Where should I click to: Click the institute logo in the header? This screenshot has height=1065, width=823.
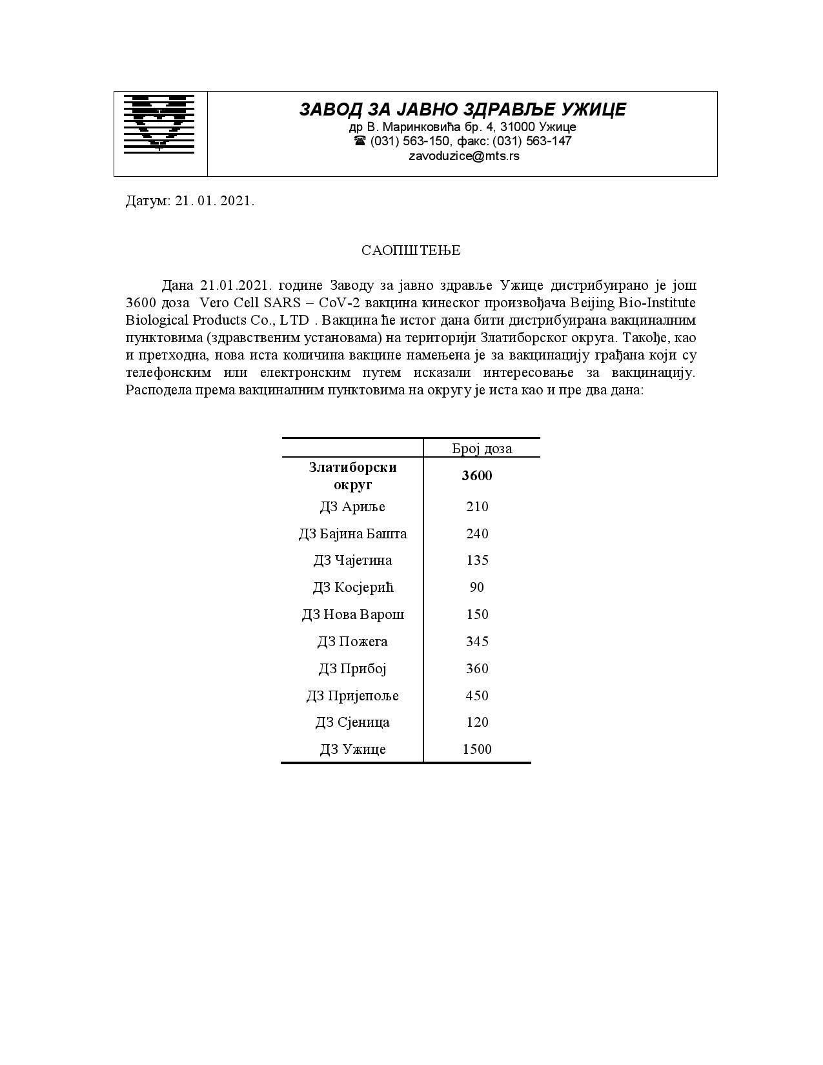coord(159,124)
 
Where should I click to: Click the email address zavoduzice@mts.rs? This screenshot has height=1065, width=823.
coord(463,156)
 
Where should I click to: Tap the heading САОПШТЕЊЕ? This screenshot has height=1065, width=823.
coord(411,250)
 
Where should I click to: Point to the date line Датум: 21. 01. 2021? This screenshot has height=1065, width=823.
coord(190,201)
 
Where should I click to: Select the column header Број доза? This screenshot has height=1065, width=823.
coord(482,449)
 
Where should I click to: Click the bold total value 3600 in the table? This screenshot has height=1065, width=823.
coord(477,476)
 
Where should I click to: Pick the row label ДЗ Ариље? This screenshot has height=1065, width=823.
coord(352,507)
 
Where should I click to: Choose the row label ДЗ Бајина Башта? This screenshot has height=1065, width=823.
coord(352,534)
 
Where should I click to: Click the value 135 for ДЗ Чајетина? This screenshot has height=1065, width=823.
coord(477,560)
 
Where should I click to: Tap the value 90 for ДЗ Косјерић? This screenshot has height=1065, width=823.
coord(477,587)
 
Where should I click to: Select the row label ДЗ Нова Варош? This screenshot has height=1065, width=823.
coord(352,614)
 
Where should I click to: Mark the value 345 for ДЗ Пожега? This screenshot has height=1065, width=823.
coord(477,642)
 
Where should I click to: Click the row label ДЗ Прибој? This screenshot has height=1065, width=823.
coord(352,669)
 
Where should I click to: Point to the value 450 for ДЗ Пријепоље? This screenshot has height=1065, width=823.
coord(477,696)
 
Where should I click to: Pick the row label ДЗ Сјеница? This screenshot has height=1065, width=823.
coord(352,722)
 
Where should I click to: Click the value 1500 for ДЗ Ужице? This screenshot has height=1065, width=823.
coord(477,749)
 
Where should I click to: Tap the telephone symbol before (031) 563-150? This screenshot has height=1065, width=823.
coord(360,141)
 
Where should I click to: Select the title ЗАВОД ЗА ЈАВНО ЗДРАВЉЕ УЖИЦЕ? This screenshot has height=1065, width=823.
coord(462,110)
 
